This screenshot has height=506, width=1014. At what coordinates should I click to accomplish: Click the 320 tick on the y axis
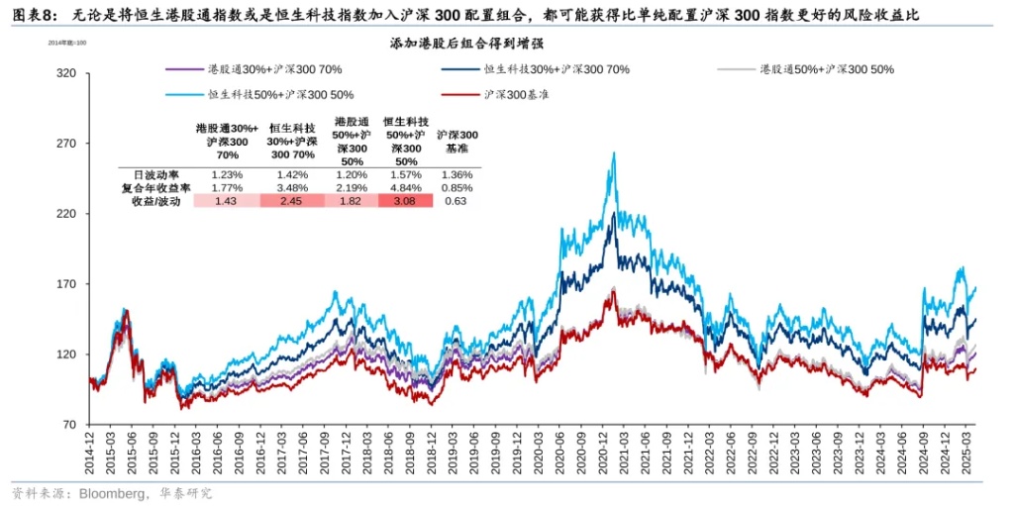[67, 73]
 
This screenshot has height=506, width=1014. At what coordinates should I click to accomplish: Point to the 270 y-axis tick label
[67, 144]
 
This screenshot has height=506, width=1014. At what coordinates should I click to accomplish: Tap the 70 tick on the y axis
[70, 425]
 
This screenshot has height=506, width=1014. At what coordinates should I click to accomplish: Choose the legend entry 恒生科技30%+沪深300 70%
[557, 69]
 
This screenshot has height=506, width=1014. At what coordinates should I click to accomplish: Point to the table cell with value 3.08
[405, 201]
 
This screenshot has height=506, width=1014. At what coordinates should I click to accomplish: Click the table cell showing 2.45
[291, 201]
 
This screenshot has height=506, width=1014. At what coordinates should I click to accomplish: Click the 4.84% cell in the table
[405, 187]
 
